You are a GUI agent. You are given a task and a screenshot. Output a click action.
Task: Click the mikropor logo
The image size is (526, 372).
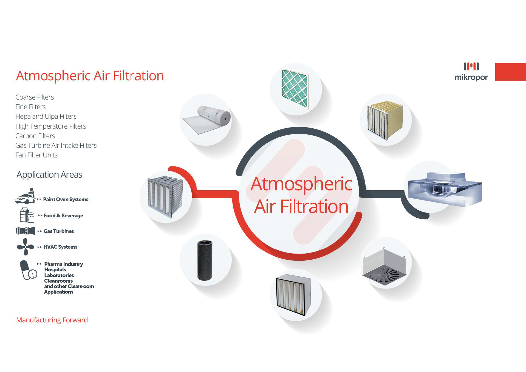click(471, 72)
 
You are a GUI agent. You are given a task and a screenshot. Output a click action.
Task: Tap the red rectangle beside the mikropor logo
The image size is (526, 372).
click(511, 72)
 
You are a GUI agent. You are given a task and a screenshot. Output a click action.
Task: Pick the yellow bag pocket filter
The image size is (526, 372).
click(385, 120)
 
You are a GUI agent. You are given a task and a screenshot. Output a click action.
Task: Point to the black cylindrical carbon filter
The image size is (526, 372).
click(205, 260)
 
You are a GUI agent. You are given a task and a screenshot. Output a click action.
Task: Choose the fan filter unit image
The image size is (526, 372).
click(445, 189)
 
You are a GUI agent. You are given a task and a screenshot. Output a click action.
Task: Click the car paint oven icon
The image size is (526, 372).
click(26, 196)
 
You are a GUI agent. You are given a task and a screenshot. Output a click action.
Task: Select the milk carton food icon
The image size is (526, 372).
click(27, 215)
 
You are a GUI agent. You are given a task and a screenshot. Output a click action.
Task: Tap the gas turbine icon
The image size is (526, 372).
click(25, 231)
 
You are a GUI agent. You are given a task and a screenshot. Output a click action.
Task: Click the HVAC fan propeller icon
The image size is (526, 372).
click(26, 247)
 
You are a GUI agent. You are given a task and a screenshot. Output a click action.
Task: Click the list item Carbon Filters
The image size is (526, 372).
click(35, 136)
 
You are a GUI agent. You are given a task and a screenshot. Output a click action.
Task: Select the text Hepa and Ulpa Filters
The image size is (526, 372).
click(46, 117)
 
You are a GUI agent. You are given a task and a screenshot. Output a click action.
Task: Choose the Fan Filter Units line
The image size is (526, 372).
click(36, 155)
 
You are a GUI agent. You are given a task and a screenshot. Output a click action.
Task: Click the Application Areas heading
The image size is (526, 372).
click(49, 175)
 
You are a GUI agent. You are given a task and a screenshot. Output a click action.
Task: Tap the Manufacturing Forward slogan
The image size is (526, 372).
click(52, 320)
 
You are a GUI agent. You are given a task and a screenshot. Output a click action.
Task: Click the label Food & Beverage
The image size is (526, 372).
click(63, 215)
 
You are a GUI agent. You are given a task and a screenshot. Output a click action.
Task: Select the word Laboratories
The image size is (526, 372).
click(59, 275)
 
